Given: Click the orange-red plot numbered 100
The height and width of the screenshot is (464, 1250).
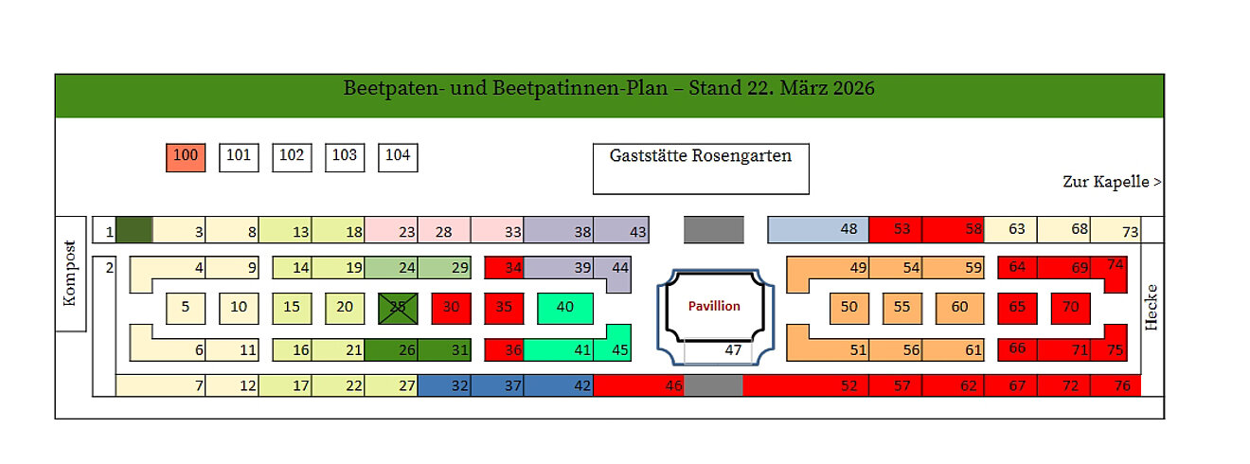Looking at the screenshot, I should pos(186,157).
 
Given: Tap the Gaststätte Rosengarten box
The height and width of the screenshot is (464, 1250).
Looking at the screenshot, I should pos(701,169).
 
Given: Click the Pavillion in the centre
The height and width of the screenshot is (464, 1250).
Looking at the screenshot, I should pos(714,306).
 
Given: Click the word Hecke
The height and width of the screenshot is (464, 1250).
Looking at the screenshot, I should pos(1152,307).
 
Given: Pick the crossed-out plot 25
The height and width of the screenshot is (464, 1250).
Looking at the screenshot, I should pos(399,308).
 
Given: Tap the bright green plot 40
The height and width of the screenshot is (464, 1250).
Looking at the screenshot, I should pos(565,308).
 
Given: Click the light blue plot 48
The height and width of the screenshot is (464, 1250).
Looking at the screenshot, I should pos(817,229).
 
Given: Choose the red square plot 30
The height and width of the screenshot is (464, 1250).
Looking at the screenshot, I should pos(452,308).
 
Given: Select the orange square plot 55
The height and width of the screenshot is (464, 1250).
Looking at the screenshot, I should pos(902,308).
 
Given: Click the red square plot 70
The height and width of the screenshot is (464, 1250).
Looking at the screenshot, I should pos(1071,308).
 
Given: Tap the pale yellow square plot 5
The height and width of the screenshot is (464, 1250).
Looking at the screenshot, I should pos(186,308).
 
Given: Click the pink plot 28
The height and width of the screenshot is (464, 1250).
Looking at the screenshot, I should pos(444,230).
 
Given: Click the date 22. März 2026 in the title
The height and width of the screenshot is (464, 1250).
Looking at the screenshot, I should pos(781,89).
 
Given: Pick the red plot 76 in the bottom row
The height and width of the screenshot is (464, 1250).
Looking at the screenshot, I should pos(1116,385).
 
